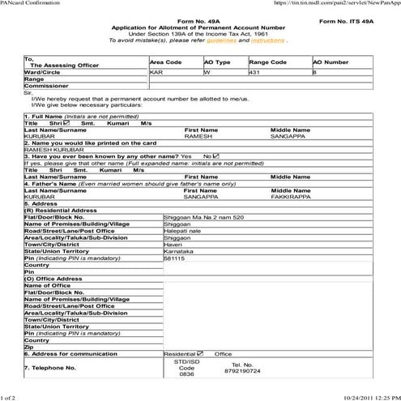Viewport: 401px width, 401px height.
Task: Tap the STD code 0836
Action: [x=187, y=375]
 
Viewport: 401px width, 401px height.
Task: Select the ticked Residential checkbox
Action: [x=201, y=354]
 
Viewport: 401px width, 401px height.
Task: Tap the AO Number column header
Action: [x=331, y=62]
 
